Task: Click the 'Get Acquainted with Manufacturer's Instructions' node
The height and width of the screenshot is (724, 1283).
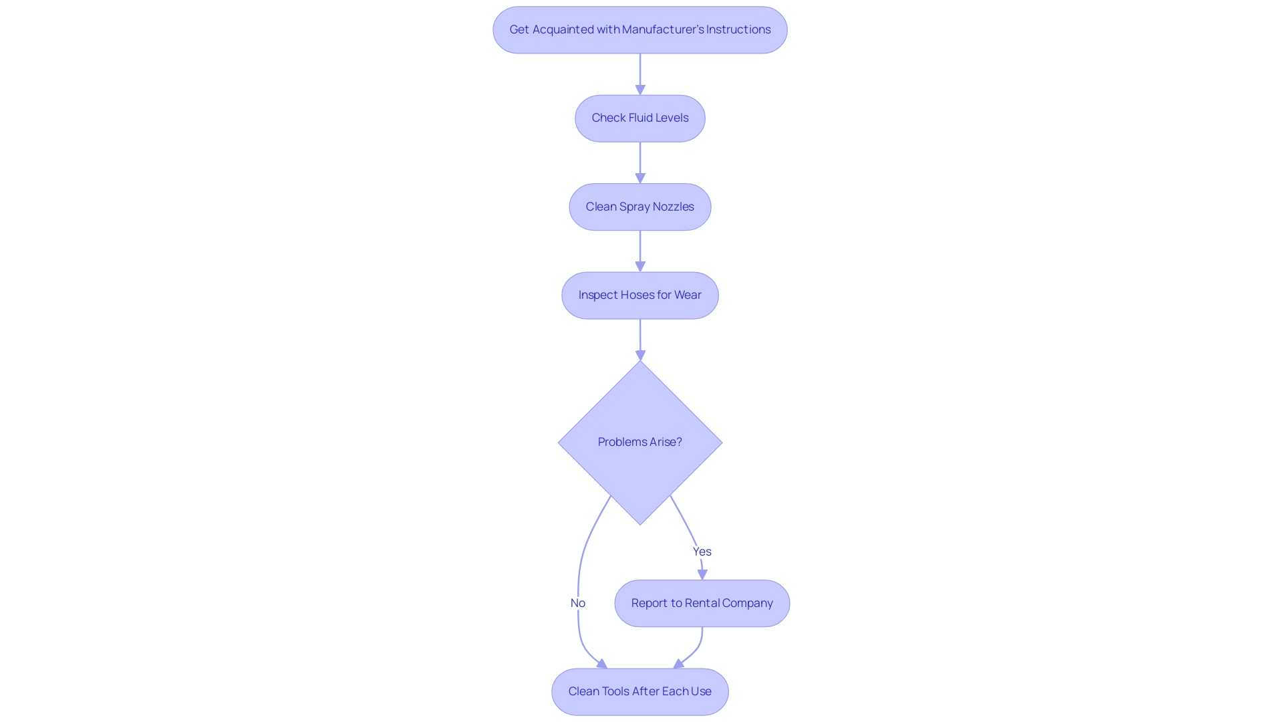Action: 639,30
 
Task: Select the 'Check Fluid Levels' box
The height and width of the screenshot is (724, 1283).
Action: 639,118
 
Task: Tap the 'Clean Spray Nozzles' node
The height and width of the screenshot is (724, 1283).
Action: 639,207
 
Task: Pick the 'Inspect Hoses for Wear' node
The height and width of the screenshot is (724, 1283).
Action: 639,295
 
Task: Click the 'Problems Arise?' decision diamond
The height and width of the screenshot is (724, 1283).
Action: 639,443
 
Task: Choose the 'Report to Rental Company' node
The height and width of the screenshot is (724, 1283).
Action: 702,603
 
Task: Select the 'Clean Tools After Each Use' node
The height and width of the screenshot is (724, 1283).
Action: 639,692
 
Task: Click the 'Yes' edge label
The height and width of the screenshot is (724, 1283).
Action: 702,552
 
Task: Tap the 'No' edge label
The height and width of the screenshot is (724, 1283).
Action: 578,603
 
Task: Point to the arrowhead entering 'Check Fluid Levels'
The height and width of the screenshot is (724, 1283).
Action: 640,90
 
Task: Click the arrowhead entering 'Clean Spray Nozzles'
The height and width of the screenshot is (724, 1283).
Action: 640,178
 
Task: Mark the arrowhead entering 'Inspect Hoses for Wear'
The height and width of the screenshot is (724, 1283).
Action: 640,267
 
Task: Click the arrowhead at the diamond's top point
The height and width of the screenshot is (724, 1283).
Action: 640,355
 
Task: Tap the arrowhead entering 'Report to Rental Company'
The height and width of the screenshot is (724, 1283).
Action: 702,574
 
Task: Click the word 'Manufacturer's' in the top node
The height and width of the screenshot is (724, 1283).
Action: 663,29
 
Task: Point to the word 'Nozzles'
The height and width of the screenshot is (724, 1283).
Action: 673,207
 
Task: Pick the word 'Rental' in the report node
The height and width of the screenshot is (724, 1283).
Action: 702,603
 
